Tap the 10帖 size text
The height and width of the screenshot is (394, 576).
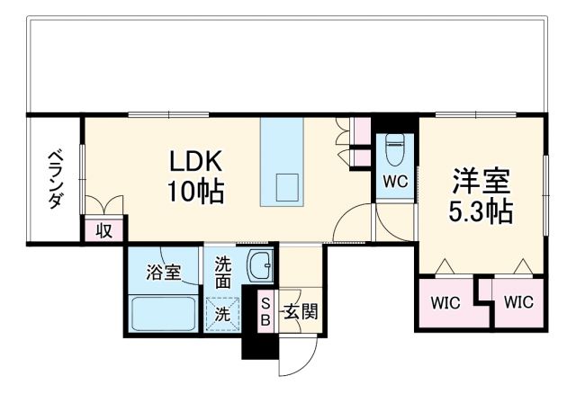(195, 191)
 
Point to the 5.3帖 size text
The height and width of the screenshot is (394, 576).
(481, 212)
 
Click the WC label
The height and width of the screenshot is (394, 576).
(395, 181)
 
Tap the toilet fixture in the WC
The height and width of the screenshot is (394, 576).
(394, 149)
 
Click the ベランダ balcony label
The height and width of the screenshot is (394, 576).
(55, 181)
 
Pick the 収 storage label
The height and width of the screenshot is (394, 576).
(104, 230)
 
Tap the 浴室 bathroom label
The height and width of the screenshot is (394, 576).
(163, 271)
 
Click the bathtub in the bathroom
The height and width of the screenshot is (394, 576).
(165, 313)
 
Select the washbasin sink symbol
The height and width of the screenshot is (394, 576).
(259, 267)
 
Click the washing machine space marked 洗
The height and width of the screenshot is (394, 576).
(222, 312)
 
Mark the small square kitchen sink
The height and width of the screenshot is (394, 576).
(287, 187)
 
